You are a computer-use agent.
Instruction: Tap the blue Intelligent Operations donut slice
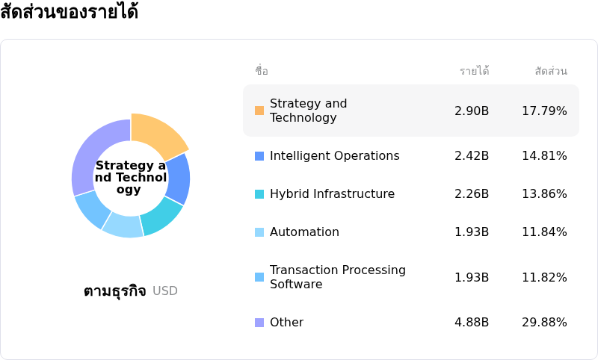[x=179, y=179]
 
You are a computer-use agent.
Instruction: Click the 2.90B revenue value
[x=472, y=111]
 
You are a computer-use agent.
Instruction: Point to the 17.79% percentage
[x=544, y=111]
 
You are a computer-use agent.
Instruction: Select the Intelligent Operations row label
[x=334, y=156]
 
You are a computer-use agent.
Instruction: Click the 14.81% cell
[x=544, y=156]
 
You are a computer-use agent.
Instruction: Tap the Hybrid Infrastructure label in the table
[x=332, y=194]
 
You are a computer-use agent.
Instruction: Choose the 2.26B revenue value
[x=472, y=194]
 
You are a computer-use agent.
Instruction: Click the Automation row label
[x=304, y=232]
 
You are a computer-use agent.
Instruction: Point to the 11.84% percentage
[x=544, y=232]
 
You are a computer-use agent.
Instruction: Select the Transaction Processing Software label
[x=337, y=277]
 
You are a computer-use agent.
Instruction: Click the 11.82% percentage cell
[x=544, y=278]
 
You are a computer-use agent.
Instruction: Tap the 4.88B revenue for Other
[x=472, y=323]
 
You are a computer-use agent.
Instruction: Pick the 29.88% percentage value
[x=544, y=323]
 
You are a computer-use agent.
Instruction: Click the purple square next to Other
[x=259, y=323]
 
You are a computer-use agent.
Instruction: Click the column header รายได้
[x=474, y=71]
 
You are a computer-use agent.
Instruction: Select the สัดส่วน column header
[x=551, y=71]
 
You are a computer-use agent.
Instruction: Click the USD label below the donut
[x=165, y=291]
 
